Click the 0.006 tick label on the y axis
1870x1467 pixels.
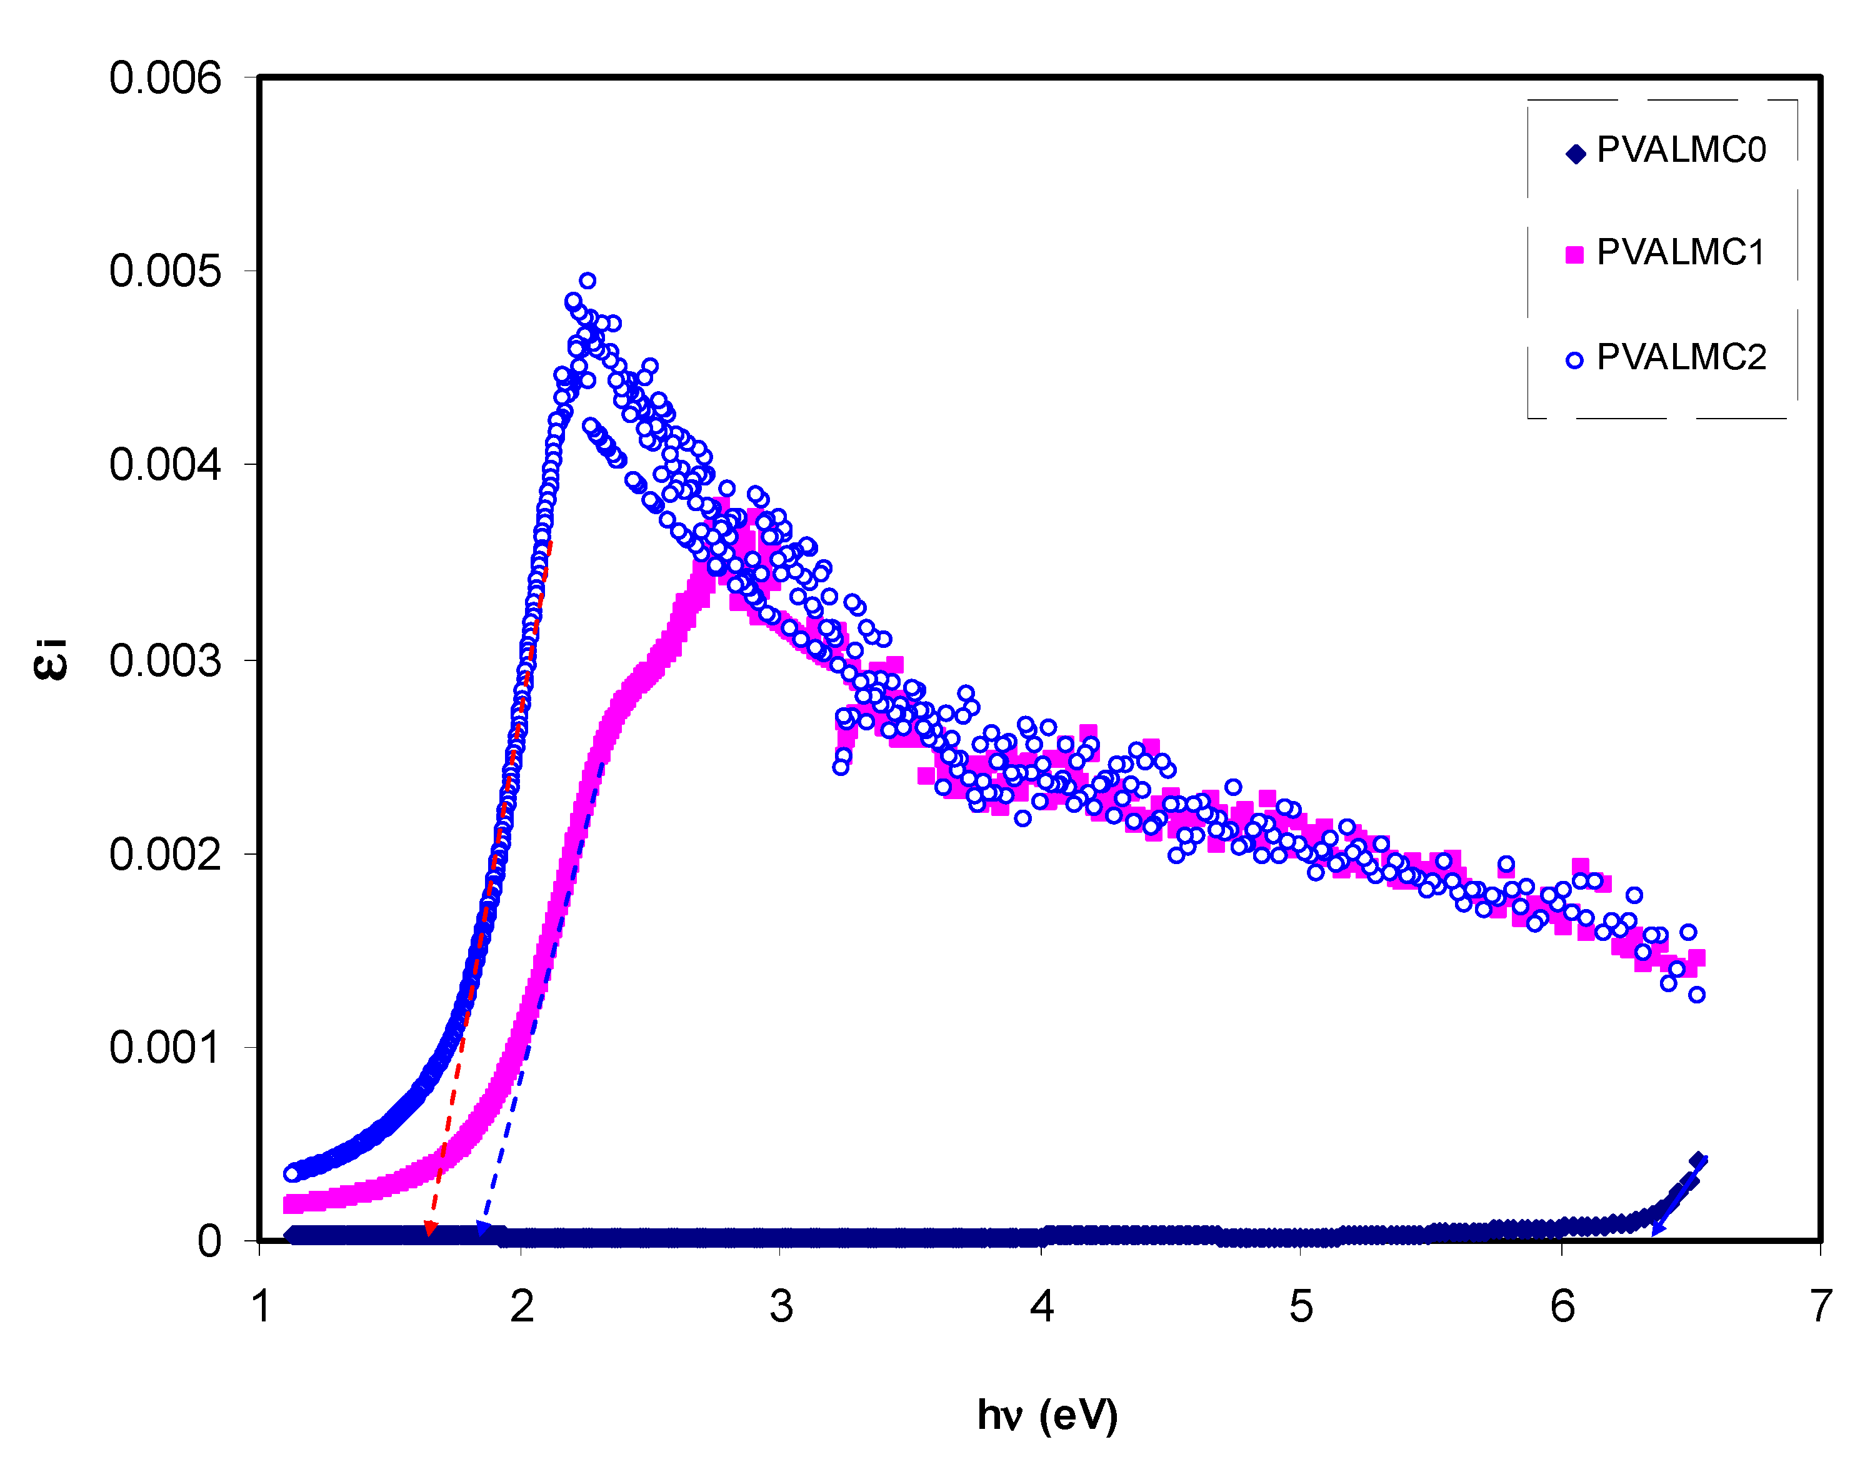pos(165,78)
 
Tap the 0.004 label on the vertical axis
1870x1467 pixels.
pos(165,465)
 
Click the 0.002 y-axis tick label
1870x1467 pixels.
pos(165,855)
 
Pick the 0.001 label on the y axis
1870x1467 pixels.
pos(165,1048)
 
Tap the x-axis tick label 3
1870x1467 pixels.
pos(781,1307)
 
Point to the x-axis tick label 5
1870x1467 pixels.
pos(1301,1307)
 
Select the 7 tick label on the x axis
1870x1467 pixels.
pos(1820,1307)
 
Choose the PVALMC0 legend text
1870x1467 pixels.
pos(1681,151)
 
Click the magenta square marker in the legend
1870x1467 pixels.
pos(1574,254)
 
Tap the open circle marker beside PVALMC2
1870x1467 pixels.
pos(1574,361)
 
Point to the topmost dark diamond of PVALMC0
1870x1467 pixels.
pos(1696,1161)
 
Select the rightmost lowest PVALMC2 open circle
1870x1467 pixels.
pos(1696,995)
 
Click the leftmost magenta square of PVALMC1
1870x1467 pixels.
pos(291,1204)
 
